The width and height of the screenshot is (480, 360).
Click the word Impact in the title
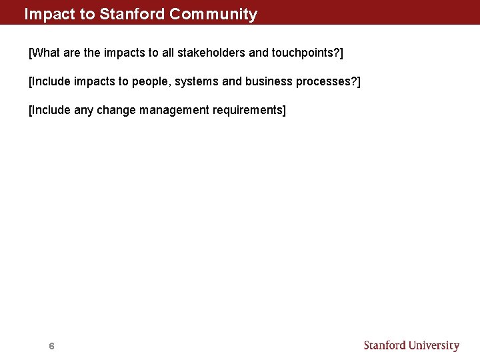coord(45,14)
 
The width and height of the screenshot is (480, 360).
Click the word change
coord(116,110)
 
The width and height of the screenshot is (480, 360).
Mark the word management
coord(174,110)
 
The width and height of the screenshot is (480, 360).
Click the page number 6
coord(51,346)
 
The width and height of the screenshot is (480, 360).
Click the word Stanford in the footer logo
coord(385,345)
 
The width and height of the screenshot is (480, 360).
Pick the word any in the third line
coord(83,110)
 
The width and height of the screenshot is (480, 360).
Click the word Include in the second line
coord(51,81)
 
